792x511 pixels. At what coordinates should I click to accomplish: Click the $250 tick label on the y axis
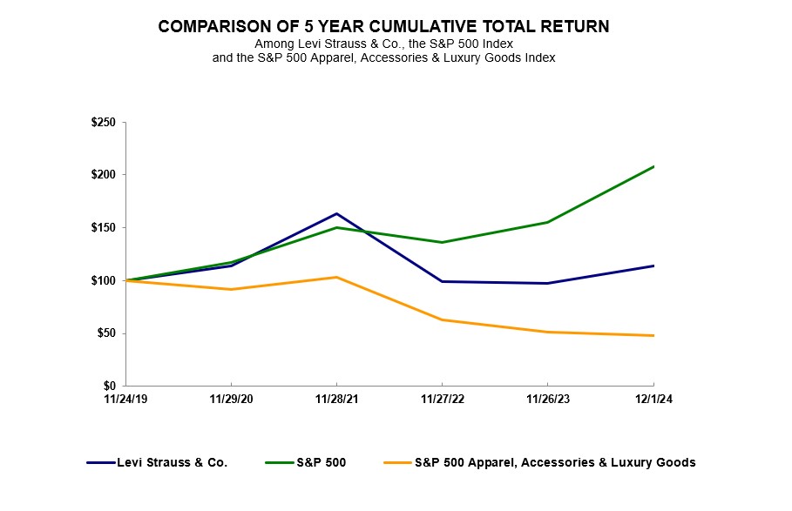(104, 123)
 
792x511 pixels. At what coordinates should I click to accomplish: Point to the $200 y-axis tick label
(104, 175)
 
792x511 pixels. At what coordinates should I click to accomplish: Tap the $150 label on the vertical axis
(104, 228)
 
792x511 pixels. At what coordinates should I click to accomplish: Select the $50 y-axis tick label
(106, 333)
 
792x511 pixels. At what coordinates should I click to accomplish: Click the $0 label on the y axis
(110, 386)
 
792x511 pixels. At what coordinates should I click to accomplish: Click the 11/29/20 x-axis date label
(231, 399)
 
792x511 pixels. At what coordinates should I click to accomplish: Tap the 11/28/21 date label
(336, 399)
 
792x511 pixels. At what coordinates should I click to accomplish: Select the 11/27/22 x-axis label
(442, 399)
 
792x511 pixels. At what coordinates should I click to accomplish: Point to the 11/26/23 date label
(547, 399)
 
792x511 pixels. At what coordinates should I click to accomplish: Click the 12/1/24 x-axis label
(653, 399)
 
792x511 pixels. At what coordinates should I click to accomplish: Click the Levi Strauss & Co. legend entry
(172, 463)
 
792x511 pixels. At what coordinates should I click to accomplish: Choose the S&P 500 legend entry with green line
(321, 463)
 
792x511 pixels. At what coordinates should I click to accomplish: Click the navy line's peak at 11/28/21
(336, 213)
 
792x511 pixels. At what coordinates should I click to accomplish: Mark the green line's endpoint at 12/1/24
(653, 166)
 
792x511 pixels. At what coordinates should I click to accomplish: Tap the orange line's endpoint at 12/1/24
(653, 335)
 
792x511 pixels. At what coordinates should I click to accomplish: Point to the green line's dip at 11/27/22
(442, 242)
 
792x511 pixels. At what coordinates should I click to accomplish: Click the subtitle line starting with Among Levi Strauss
(396, 44)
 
